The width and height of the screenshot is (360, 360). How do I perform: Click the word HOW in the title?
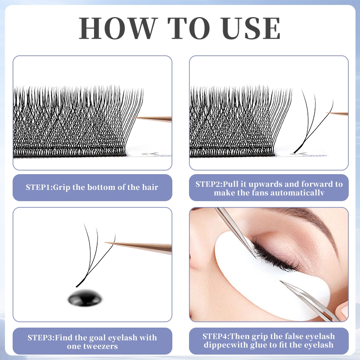[x=117, y=28]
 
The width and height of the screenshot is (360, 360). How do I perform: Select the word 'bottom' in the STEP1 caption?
[x=101, y=187]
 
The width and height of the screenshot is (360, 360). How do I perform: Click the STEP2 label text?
[x=208, y=184]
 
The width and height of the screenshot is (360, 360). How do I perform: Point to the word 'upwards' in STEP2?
[x=265, y=184]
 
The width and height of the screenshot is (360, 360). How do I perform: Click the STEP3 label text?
[x=40, y=338]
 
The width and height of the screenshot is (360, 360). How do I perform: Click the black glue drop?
[x=85, y=298]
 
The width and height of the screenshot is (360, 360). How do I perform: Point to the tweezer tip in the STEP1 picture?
[x=133, y=117]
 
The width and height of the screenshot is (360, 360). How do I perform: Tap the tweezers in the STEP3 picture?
[x=138, y=247]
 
